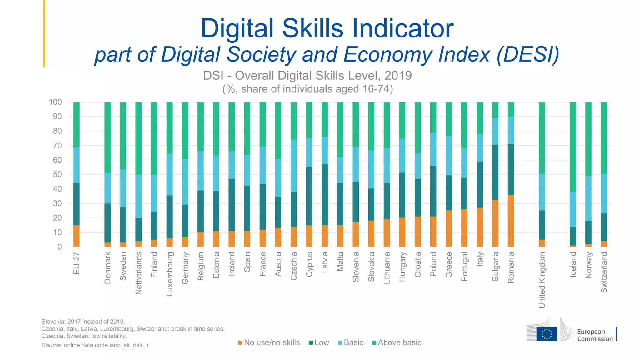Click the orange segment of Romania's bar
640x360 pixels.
(511, 221)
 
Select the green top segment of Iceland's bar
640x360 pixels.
(573, 147)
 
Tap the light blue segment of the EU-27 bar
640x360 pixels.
(77, 165)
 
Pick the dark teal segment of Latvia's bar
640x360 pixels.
(325, 195)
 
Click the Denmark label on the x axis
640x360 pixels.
(107, 268)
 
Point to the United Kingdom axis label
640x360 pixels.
(542, 280)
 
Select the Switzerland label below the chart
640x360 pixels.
(604, 272)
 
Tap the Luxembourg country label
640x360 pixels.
(170, 274)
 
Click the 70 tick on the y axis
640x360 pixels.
(57, 145)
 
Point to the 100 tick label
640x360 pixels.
(55, 102)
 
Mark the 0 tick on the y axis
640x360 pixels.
(59, 247)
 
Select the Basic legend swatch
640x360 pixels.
(340, 343)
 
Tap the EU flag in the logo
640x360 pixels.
(547, 334)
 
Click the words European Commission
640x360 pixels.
(595, 335)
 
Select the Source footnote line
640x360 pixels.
(95, 345)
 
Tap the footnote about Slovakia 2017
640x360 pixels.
(83, 322)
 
